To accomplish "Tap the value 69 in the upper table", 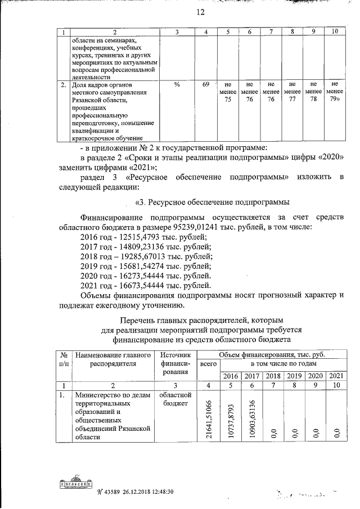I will [206, 84].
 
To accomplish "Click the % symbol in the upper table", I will [177, 84].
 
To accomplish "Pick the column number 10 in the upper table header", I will [335, 31].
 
